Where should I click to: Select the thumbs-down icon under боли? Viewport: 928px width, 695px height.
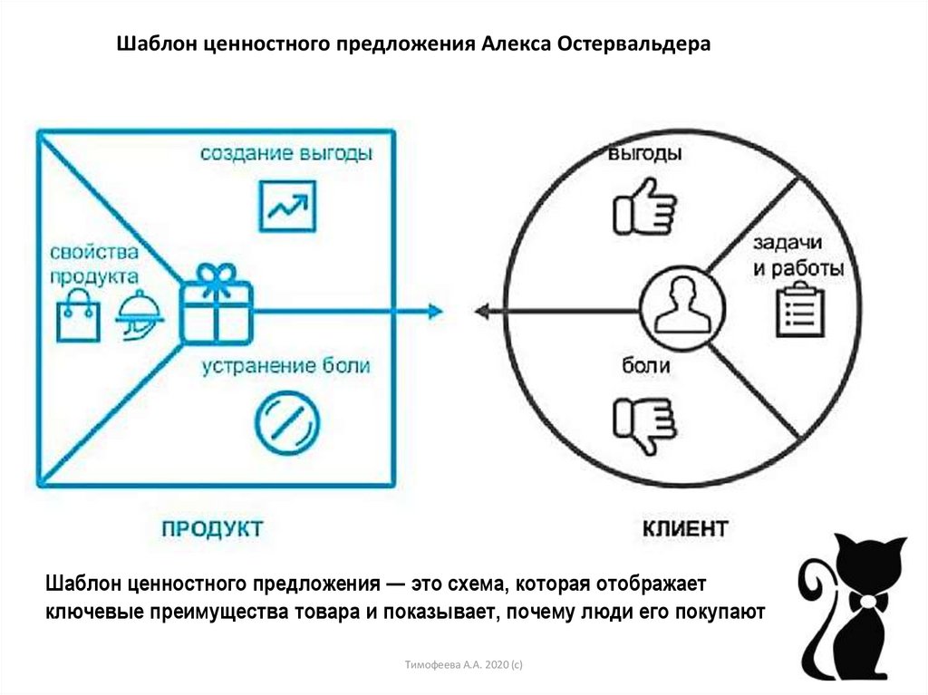pyautogui.click(x=643, y=423)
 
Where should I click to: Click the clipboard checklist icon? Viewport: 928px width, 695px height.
pyautogui.click(x=798, y=309)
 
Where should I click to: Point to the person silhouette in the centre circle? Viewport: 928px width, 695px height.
pyautogui.click(x=681, y=305)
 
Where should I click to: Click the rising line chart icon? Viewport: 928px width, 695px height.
pyautogui.click(x=286, y=206)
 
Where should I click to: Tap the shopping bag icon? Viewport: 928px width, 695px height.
pyautogui.click(x=78, y=314)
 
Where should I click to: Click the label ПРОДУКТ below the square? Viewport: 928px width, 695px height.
pyautogui.click(x=213, y=527)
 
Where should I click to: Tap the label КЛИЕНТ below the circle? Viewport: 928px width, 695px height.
pyautogui.click(x=685, y=527)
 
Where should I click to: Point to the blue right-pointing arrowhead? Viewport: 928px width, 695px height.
pyautogui.click(x=435, y=312)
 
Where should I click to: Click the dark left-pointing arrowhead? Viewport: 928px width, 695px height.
pyautogui.click(x=483, y=312)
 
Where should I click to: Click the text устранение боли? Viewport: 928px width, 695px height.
pyautogui.click(x=285, y=367)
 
